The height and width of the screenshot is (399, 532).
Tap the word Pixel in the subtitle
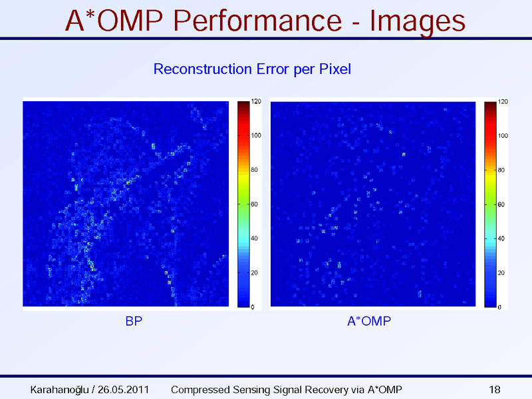pyautogui.click(x=334, y=69)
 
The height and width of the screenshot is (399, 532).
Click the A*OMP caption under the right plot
pyautogui.click(x=369, y=322)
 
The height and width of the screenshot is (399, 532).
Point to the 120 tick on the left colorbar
pyautogui.click(x=256, y=101)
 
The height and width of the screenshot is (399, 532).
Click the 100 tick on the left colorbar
pyautogui.click(x=256, y=135)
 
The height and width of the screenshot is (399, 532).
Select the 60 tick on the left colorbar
pyautogui.click(x=255, y=204)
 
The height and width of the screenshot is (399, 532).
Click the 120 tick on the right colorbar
pyautogui.click(x=503, y=102)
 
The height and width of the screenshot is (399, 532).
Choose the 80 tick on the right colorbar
pyautogui.click(x=502, y=171)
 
